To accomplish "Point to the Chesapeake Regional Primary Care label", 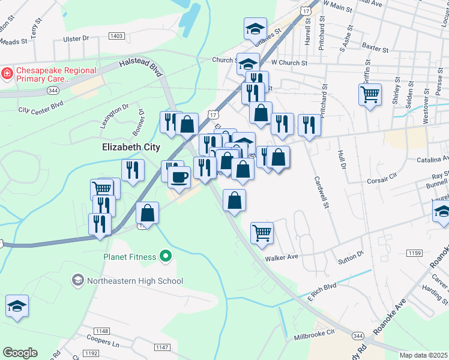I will click(56, 74).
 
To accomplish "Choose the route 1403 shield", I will click(116, 37).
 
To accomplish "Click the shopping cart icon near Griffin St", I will click(370, 94).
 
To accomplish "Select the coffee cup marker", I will click(178, 176).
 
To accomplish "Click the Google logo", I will click(20, 353).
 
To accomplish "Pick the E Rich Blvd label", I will click(322, 292).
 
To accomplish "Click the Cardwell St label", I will click(321, 193).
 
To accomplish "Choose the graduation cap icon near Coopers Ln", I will click(17, 305).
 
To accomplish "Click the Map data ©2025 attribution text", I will click(423, 355).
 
